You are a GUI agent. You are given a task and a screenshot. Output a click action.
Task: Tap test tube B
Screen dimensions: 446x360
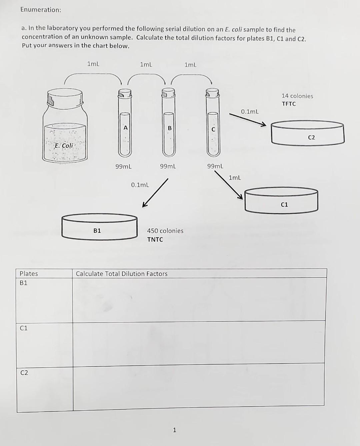169,125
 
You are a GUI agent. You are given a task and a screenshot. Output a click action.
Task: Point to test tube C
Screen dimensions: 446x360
213,125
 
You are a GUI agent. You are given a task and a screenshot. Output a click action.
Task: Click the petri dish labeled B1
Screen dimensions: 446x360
99,227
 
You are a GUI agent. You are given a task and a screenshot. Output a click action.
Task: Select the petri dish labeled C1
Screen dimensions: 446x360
281,200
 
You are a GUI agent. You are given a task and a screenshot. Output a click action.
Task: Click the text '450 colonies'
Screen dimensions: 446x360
165,231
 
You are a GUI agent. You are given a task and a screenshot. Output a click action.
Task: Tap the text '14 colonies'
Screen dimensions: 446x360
297,96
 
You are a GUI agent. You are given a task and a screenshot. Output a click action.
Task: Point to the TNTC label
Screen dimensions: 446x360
155,240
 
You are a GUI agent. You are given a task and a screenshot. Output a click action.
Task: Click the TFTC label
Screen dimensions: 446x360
289,104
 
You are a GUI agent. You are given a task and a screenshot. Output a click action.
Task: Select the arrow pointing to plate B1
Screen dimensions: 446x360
155,193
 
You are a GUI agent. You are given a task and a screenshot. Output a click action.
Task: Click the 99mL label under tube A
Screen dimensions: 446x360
123,166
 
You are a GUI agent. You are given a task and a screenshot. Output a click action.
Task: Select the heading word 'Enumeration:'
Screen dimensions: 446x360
41,10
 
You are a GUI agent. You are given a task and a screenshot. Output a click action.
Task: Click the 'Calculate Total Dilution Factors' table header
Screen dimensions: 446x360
122,274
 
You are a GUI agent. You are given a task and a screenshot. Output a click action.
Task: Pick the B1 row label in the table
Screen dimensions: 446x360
24,283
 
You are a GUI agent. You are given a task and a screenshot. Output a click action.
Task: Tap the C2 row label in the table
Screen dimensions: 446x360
24,373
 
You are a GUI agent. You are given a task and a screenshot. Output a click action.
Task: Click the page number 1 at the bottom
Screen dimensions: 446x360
174,430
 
